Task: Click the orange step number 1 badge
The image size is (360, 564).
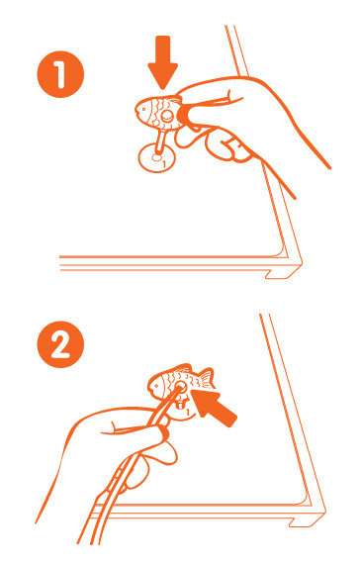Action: click(60, 74)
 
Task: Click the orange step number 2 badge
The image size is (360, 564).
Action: click(60, 344)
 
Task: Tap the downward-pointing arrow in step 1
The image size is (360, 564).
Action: click(163, 62)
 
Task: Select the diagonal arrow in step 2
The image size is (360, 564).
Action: click(214, 408)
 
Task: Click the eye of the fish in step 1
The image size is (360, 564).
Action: click(143, 108)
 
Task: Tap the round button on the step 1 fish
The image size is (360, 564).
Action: click(167, 116)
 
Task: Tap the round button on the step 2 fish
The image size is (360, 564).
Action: click(181, 388)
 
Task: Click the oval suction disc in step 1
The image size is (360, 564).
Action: click(157, 157)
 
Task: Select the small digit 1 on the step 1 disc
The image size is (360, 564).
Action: click(164, 165)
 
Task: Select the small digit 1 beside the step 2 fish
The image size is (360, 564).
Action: click(187, 413)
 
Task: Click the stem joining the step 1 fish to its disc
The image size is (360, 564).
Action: click(159, 143)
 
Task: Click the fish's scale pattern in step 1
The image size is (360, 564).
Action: click(157, 111)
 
